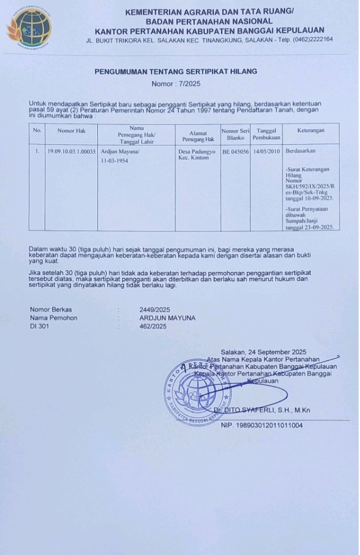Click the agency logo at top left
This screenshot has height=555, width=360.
[29, 28]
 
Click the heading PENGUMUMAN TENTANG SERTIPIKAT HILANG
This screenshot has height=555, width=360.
[176, 72]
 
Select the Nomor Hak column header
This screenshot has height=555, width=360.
[72, 130]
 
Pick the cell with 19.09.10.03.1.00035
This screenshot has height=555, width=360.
[72, 152]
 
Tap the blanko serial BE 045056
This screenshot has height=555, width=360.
[235, 152]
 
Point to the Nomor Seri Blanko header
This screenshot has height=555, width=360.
[235, 134]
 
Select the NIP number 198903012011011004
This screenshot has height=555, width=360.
[262, 426]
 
